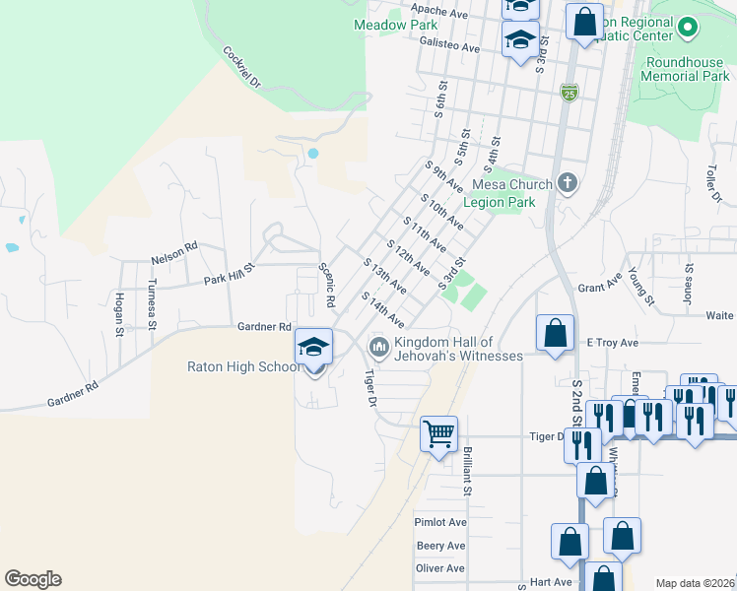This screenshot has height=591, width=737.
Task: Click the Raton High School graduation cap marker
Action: point(314,346)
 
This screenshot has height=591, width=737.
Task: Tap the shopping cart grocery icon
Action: point(438,432)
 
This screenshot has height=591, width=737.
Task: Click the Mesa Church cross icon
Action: point(567,182)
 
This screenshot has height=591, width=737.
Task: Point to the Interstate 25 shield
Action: point(569,93)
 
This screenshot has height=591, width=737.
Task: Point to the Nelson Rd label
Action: point(174,259)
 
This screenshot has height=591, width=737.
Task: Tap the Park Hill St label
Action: point(229,274)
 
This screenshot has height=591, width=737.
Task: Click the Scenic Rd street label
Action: point(327,284)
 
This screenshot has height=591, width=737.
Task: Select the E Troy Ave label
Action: point(613,343)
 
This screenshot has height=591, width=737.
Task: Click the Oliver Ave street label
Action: point(439,568)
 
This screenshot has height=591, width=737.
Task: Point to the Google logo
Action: point(33,579)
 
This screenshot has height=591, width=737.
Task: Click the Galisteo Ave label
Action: point(448,47)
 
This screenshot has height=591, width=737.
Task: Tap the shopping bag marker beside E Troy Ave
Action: point(556,333)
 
